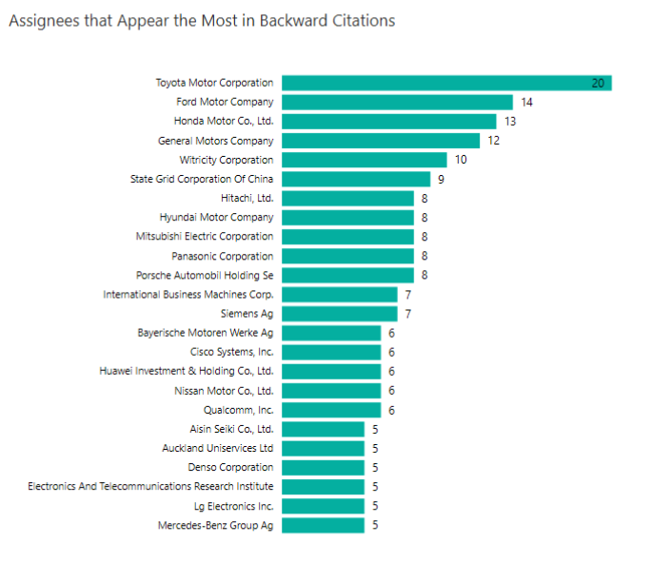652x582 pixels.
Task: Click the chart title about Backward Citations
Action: click(x=202, y=20)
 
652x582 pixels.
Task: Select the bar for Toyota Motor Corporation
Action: click(x=445, y=83)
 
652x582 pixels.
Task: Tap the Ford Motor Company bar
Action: click(x=397, y=102)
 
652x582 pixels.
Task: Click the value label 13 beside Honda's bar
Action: click(x=511, y=121)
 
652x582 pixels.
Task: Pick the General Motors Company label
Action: click(x=215, y=141)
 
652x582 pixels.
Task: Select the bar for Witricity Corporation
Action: click(x=364, y=160)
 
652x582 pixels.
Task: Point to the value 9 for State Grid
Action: click(x=442, y=179)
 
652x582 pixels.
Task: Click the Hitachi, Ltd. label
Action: click(x=247, y=198)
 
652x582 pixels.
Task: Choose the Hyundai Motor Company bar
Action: click(x=347, y=217)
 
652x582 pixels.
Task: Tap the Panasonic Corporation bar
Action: click(x=347, y=256)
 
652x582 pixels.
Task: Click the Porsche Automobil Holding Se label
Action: click(x=205, y=275)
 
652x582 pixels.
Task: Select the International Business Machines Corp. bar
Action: click(x=339, y=295)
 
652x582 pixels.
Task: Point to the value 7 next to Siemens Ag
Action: click(x=408, y=314)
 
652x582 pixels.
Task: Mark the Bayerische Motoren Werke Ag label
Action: click(x=206, y=333)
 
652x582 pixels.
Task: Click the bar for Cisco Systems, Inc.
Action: click(x=331, y=352)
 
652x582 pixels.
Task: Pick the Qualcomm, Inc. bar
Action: click(x=331, y=410)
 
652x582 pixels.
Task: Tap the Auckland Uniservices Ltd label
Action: click(x=218, y=448)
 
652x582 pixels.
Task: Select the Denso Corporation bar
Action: click(x=323, y=467)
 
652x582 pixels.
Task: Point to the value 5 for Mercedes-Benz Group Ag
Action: click(x=375, y=525)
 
